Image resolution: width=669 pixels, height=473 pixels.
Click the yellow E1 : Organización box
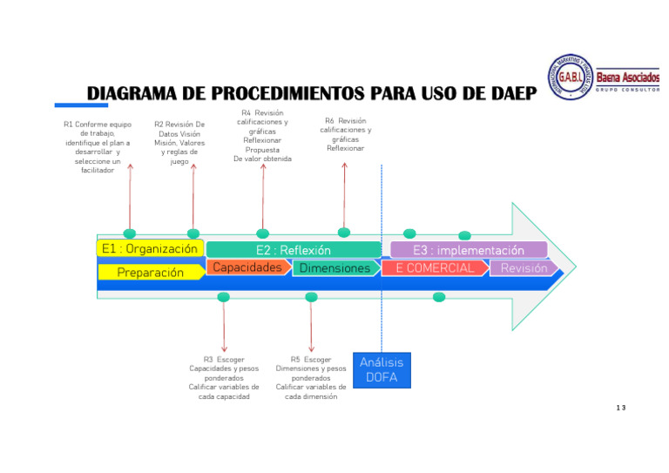tap(150, 249)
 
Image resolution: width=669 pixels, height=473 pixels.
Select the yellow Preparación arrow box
tap(151, 272)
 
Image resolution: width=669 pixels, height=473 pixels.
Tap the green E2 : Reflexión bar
tap(293, 250)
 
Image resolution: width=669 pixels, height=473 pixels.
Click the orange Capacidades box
tap(247, 267)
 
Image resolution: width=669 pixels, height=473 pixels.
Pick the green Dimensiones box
tap(334, 268)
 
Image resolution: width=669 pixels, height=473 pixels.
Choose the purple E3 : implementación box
tap(469, 250)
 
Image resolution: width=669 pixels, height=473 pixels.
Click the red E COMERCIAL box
tap(435, 268)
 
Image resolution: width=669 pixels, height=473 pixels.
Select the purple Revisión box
tap(524, 268)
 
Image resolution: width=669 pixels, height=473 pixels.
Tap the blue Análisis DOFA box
tap(381, 369)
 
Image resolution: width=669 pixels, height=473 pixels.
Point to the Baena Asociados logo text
tap(627, 79)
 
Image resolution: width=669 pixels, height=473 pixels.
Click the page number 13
tap(620, 408)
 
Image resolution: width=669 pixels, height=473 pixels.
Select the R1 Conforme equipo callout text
tap(97, 147)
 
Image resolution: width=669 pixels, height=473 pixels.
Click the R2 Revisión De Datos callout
tap(179, 143)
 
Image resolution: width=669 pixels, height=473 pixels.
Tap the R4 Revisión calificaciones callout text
tap(262, 136)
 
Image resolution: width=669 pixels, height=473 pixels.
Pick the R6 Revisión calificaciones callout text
tap(345, 134)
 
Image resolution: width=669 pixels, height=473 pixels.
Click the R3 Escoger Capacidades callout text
tap(224, 377)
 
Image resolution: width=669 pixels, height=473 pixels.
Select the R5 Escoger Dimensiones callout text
tap(311, 377)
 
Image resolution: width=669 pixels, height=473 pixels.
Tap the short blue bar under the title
tap(82, 105)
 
